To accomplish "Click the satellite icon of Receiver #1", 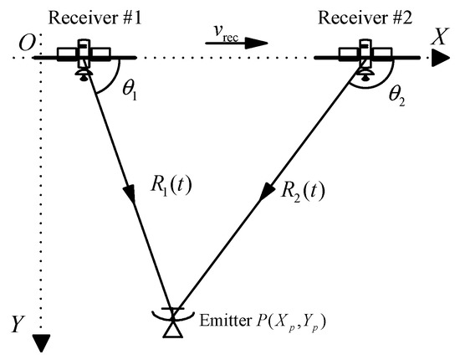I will click(83, 58).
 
